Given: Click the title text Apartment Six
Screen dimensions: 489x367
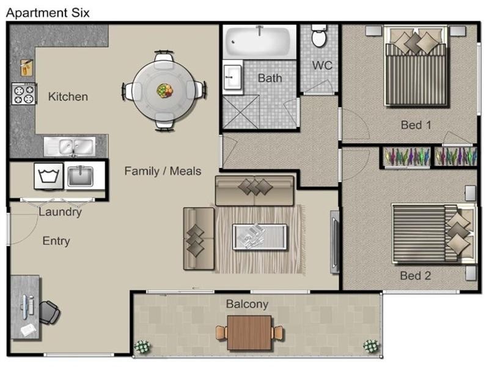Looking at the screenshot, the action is click(x=48, y=13).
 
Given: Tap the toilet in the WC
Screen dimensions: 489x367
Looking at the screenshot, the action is click(x=319, y=35).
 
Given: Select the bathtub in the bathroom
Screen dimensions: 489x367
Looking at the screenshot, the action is click(x=259, y=42).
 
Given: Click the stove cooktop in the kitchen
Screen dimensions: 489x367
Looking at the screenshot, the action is click(x=24, y=94).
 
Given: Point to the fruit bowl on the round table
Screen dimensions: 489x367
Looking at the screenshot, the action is click(x=164, y=91).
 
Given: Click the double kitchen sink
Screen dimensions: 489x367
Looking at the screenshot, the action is click(x=70, y=146).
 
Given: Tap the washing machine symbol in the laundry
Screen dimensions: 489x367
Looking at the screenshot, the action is click(x=49, y=176).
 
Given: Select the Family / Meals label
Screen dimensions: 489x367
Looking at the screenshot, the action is click(x=163, y=171).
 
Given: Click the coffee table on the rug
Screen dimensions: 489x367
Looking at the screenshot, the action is click(x=259, y=237).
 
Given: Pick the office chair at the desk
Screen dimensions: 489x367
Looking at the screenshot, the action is click(x=50, y=312).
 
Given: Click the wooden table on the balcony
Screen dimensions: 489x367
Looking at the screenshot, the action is click(x=249, y=333).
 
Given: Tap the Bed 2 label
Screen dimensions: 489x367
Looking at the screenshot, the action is click(x=416, y=276).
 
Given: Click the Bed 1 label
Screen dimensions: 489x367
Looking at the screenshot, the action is click(x=416, y=125).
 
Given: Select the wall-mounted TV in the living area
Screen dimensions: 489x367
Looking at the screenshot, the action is click(x=334, y=242).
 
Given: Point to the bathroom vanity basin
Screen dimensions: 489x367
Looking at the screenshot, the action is click(x=232, y=77).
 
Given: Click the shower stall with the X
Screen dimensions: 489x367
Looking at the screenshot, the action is click(x=241, y=112).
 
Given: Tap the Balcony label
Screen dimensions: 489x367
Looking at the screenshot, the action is click(x=247, y=304).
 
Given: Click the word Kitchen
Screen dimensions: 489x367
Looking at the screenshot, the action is click(x=68, y=97).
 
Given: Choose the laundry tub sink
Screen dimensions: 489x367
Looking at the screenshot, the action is click(x=80, y=176).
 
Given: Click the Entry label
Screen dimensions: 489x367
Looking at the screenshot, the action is click(x=56, y=241).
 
